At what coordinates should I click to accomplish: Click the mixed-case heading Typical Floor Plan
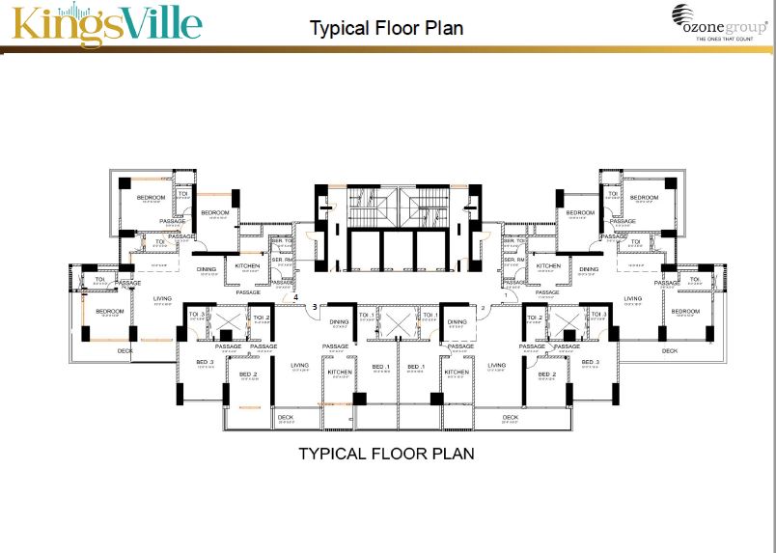386,28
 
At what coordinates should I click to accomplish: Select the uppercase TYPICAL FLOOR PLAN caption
386,452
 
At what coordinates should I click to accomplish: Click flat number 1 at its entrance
505,295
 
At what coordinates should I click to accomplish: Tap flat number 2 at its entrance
483,308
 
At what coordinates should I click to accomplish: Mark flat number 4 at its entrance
296,296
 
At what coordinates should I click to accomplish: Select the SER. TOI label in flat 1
514,240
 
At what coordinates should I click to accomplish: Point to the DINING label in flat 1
590,269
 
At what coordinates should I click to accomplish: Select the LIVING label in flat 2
497,365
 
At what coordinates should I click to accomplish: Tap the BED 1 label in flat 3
380,367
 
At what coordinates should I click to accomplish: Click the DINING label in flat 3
338,322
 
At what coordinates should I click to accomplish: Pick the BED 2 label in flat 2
547,373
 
